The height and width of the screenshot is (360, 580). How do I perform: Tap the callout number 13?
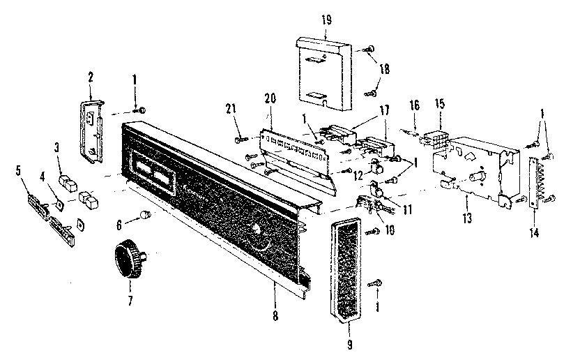[466, 219]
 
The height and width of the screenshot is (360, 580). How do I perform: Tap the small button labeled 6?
[146, 213]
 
